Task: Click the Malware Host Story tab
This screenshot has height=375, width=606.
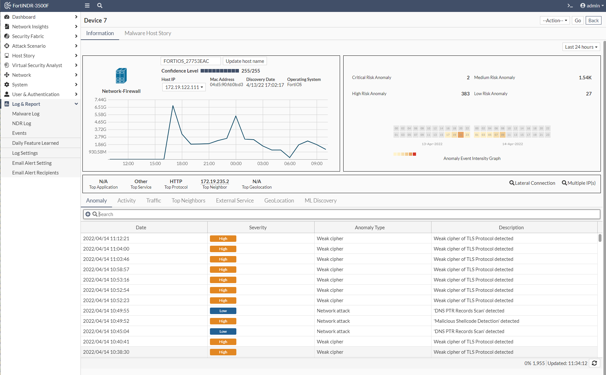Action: coord(148,33)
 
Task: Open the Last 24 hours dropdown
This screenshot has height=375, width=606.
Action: coord(581,47)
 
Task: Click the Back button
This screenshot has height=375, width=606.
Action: coord(593,21)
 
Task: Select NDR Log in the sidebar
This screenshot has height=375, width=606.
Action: coord(22,123)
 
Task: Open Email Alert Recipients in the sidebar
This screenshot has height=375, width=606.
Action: coord(35,173)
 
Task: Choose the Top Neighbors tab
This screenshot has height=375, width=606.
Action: coord(188,201)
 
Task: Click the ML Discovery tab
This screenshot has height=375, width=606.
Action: coord(320,201)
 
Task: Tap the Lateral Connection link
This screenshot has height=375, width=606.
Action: coord(532,183)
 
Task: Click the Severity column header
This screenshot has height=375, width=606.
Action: coord(258,228)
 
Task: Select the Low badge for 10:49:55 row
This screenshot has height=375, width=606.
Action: coord(223,311)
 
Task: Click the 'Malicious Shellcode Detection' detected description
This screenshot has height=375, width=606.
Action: coord(476,321)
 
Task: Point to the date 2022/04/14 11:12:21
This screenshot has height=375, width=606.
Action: coord(106,239)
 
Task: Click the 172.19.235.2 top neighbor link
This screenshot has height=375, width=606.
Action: coord(214,182)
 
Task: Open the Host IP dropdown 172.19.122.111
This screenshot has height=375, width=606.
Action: coord(184,87)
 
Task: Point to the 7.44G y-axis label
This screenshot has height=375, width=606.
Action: coord(100,100)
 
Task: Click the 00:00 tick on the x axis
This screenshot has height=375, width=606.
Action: coord(236,164)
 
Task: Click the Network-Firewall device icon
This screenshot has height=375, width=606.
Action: coord(121,76)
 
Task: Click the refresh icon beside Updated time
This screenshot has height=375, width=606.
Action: coord(594,363)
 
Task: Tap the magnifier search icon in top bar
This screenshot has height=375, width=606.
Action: coord(100,5)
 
